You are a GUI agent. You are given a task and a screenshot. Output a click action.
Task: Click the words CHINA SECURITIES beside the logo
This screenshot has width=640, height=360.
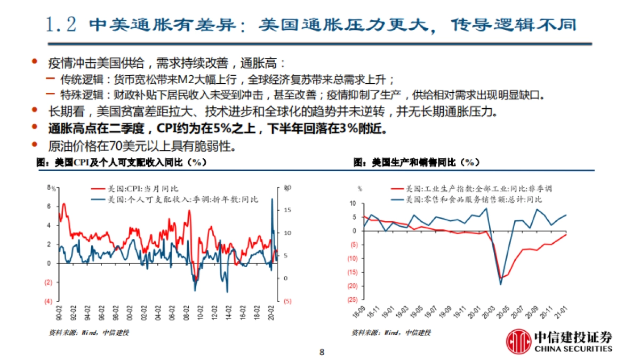pyautogui.click(x=573, y=349)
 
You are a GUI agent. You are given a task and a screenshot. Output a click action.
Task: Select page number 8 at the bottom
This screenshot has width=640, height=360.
pyautogui.click(x=322, y=352)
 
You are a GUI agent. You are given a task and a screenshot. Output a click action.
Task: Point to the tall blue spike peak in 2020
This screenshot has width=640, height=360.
pyautogui.click(x=272, y=199)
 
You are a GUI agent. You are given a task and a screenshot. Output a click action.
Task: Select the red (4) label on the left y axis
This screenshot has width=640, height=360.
pyautogui.click(x=47, y=301)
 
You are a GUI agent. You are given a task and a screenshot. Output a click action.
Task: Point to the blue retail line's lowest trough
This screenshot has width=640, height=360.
pyautogui.click(x=501, y=284)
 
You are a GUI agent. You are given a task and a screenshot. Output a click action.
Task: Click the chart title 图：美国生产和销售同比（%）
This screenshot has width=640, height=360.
pyautogui.click(x=417, y=163)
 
